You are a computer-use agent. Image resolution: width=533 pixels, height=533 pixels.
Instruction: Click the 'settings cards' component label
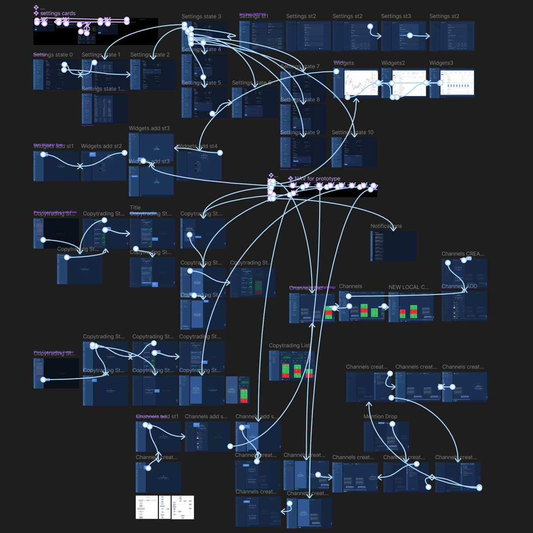pos(58,13)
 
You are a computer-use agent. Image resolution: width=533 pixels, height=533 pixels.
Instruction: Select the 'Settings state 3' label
pos(201,16)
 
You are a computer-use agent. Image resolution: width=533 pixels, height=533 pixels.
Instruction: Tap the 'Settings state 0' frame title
pos(53,55)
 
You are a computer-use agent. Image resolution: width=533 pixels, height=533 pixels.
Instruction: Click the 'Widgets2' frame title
pos(393,63)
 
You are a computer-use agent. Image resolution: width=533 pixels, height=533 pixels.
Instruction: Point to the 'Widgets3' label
pos(441,63)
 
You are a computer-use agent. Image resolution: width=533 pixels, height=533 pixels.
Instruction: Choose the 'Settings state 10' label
pos(353,132)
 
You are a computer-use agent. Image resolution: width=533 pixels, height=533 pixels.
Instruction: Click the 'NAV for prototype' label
pos(317,179)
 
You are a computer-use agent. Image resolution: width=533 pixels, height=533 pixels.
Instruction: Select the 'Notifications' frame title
pos(386,226)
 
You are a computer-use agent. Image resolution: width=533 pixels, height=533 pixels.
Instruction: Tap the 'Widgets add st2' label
pos(101,146)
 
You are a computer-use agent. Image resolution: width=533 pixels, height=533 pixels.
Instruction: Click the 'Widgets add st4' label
pos(197,146)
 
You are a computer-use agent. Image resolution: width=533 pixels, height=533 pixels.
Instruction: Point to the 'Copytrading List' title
pos(289,346)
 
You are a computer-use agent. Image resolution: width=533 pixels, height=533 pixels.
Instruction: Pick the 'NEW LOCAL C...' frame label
pos(409,287)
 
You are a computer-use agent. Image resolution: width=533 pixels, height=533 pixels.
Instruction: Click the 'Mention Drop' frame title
pos(380,417)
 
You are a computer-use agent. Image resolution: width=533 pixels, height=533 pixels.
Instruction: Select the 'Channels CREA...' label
pos(463,254)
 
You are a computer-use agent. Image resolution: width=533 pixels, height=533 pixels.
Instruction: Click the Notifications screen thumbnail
pos(393,246)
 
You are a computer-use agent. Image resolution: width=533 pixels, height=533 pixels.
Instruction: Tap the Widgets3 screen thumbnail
pos(452,83)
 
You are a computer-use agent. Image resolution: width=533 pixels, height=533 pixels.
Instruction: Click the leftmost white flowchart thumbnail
pos(147,507)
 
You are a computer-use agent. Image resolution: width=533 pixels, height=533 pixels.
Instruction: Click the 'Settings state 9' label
pos(300,132)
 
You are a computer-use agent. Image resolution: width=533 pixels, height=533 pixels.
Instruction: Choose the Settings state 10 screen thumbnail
pos(354,152)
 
